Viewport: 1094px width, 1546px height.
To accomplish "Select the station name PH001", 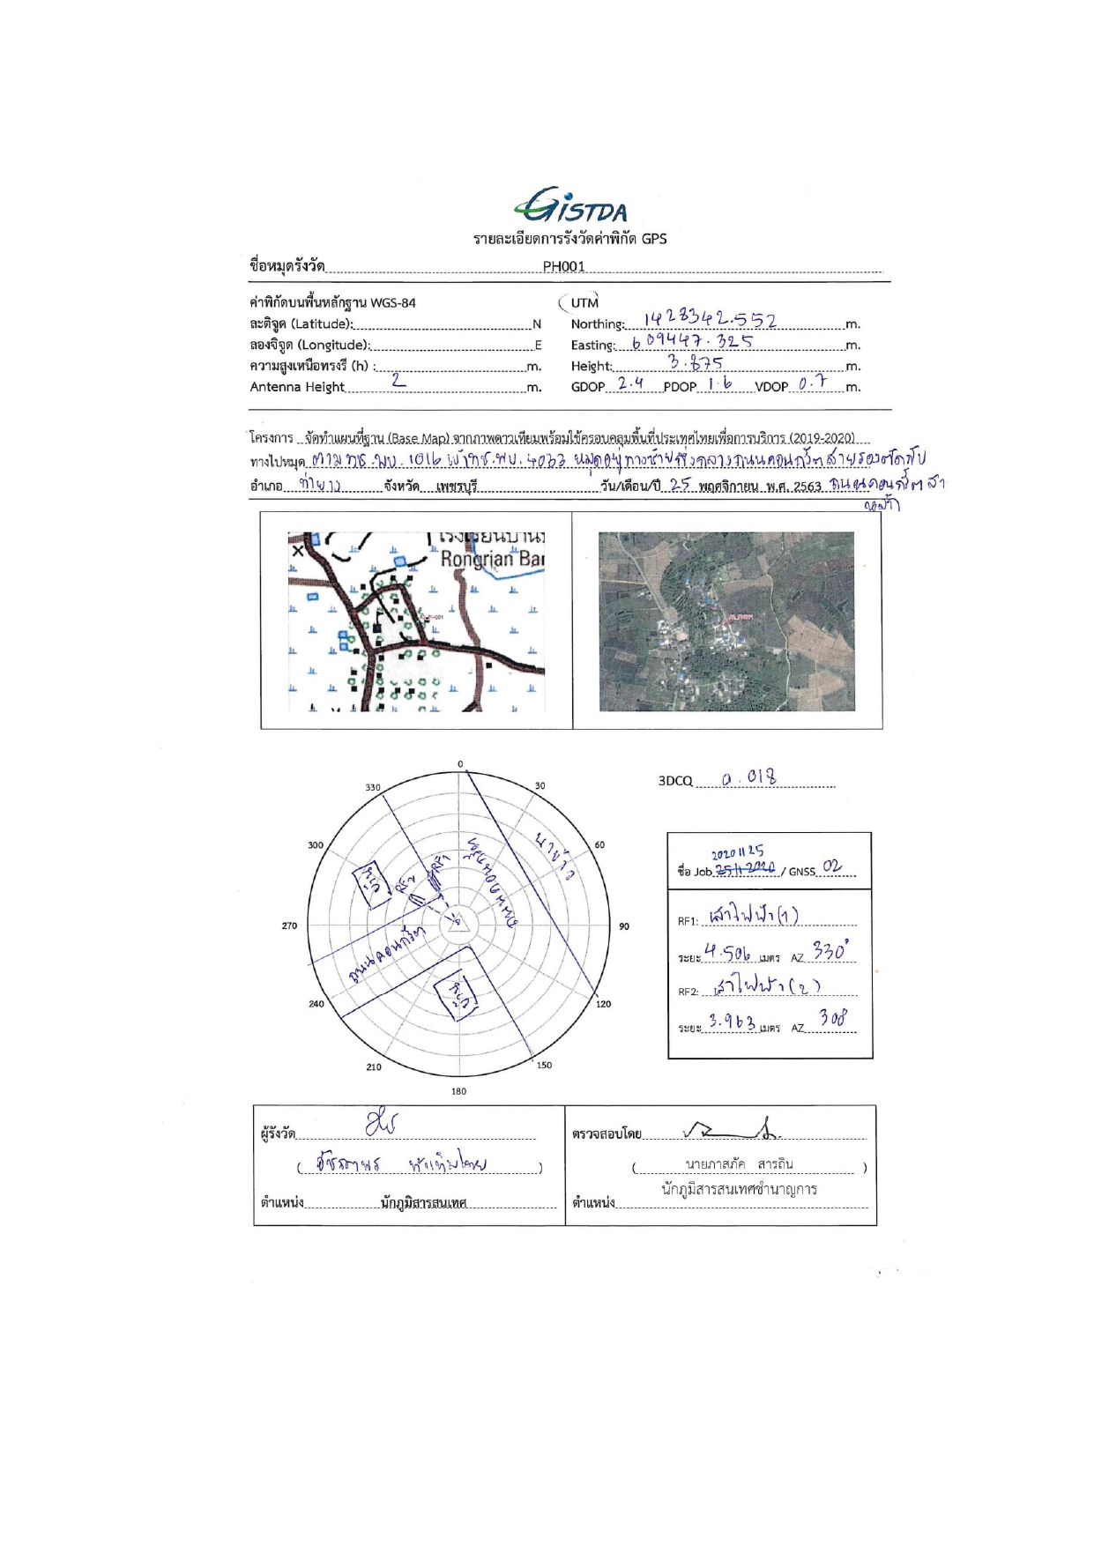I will pyautogui.click(x=563, y=266).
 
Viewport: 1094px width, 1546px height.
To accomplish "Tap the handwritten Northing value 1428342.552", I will pyautogui.click(x=710, y=320).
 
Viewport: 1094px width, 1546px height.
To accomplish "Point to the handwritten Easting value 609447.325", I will pyautogui.click(x=692, y=342).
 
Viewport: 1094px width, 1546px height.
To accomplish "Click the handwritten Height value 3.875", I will pyautogui.click(x=696, y=362).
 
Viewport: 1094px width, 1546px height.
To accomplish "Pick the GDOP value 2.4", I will pyautogui.click(x=630, y=383).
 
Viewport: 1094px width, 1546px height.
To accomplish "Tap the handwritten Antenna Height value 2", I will pyautogui.click(x=398, y=380).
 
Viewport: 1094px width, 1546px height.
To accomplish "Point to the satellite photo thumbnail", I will pyautogui.click(x=726, y=621).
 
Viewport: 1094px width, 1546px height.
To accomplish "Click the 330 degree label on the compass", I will pyautogui.click(x=373, y=787).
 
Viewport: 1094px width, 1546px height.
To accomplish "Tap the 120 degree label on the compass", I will pyautogui.click(x=604, y=1004).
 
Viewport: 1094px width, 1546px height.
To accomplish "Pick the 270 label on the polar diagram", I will pyautogui.click(x=289, y=925).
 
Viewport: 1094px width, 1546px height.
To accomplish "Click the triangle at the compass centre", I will pyautogui.click(x=456, y=923).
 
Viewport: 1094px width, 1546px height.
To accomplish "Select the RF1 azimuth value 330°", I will pyautogui.click(x=830, y=953).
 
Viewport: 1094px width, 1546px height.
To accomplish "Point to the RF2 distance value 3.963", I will pyautogui.click(x=732, y=1022).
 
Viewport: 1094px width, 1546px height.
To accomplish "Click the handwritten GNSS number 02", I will pyautogui.click(x=831, y=867).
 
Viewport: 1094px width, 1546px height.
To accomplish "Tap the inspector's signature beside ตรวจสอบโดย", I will pyautogui.click(x=732, y=1129).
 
